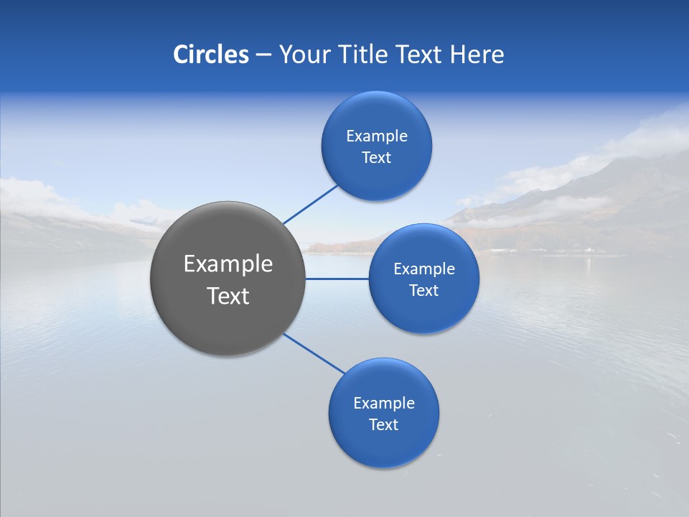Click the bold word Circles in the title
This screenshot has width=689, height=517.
(x=211, y=55)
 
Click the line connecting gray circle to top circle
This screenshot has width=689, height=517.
(x=310, y=205)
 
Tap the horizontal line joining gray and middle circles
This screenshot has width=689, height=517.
(x=337, y=279)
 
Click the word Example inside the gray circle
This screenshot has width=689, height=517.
(x=228, y=264)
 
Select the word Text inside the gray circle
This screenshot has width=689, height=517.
(x=228, y=296)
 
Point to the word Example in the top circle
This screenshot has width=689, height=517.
(x=377, y=136)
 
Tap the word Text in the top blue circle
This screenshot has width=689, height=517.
(x=377, y=158)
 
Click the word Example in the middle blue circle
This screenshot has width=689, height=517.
(x=424, y=269)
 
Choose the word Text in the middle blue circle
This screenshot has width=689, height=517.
(x=424, y=291)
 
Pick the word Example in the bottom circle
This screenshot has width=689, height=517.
(x=384, y=404)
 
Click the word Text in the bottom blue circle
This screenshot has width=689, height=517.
(x=384, y=425)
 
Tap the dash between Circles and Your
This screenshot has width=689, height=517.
(x=263, y=55)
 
